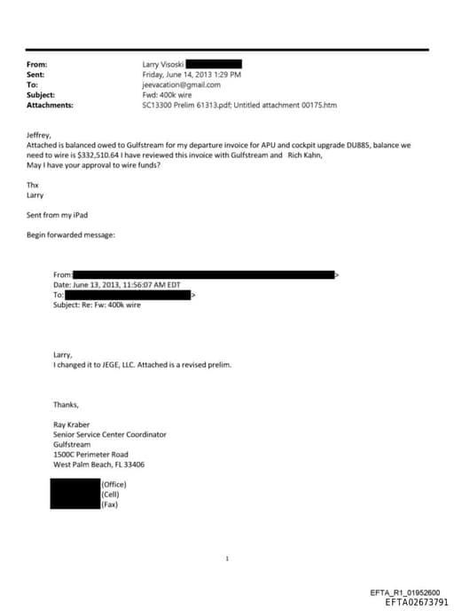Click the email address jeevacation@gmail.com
tap(181, 85)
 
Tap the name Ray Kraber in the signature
tap(74, 425)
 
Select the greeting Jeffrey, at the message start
tap(41, 134)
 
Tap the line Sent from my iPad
tap(57, 215)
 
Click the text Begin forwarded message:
tap(70, 235)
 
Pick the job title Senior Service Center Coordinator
tap(109, 434)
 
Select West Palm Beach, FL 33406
tap(98, 464)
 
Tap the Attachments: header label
tap(50, 106)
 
